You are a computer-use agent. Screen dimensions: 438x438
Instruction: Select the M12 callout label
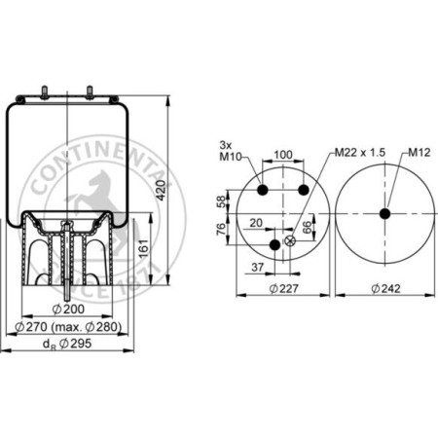(420, 152)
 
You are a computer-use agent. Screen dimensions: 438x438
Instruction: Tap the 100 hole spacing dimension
(282, 155)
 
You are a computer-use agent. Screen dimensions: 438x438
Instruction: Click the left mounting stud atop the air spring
(44, 93)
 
